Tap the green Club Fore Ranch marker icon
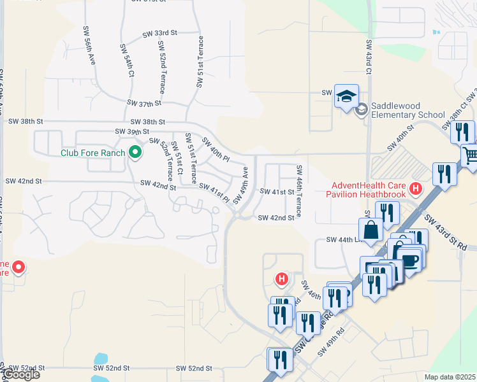coord(135,152)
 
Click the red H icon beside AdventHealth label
coord(416,188)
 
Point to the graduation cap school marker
coord(346,96)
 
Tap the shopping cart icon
coord(471,155)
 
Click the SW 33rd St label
coord(159,33)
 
